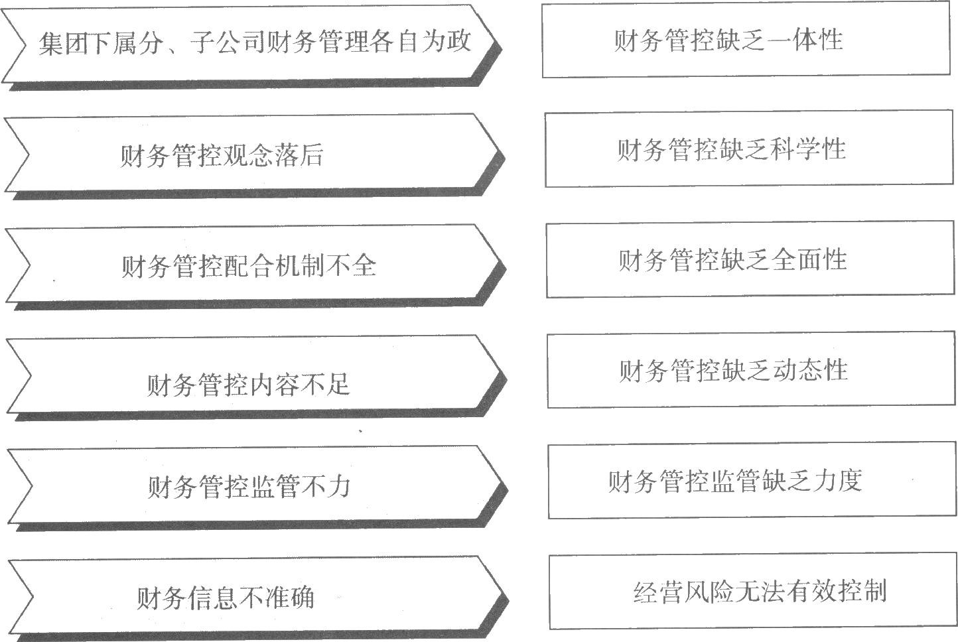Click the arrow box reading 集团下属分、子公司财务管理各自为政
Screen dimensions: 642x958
coord(252,43)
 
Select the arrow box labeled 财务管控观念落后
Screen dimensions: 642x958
coord(252,154)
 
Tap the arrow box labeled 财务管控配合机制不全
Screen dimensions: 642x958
coord(252,265)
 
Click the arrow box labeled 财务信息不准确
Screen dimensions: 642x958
coord(252,597)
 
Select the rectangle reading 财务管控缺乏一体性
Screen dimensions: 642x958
coord(746,40)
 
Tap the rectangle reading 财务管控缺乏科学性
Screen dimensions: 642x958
coord(748,149)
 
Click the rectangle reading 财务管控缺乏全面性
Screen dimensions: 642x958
coord(750,259)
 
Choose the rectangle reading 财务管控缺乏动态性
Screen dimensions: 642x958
coord(750,370)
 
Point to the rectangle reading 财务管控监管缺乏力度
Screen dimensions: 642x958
coord(752,481)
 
